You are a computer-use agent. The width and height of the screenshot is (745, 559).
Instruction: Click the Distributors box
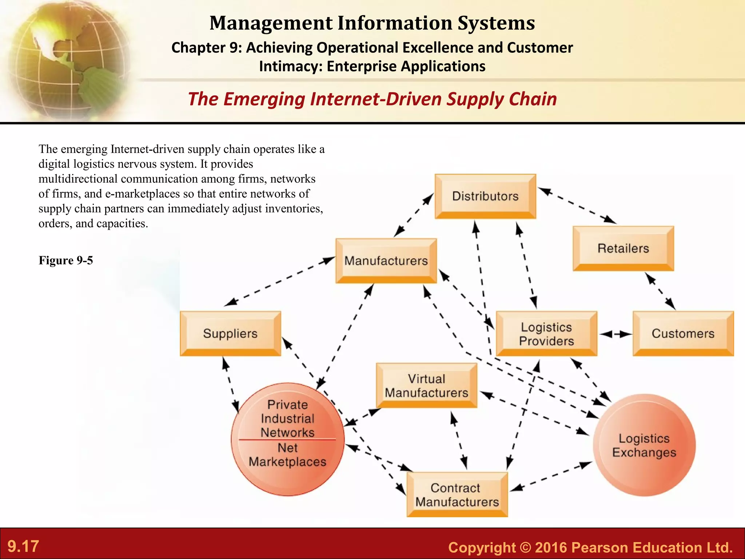point(485,196)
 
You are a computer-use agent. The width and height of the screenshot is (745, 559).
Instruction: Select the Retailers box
point(623,248)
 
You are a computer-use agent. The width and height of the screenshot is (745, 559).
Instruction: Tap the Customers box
point(683,333)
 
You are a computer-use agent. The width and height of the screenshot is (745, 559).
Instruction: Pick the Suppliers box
point(230,333)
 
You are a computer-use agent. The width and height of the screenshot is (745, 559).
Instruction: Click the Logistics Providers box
point(546,334)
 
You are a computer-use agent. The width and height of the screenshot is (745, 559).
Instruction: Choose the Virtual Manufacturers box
point(426,385)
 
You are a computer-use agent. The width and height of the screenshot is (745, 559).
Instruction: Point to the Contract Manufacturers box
point(457,495)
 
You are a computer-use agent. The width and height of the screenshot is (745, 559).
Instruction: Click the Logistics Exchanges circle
point(644,445)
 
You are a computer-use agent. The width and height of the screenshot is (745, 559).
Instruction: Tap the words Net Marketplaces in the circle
point(287,455)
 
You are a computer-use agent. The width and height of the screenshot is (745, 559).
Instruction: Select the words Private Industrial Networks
point(287,419)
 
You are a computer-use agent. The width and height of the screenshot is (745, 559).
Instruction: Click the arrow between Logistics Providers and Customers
point(615,334)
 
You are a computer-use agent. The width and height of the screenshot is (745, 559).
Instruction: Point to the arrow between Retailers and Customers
point(660,291)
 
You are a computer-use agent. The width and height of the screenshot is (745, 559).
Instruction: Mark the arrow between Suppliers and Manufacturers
point(279,281)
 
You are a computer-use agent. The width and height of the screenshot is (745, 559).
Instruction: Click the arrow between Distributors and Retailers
point(577,205)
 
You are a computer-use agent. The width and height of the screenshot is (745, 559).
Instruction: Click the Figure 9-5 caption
point(66,260)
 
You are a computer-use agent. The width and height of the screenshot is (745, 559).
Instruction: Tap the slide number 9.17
point(23,546)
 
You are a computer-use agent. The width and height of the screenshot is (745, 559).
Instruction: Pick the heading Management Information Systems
point(372,23)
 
